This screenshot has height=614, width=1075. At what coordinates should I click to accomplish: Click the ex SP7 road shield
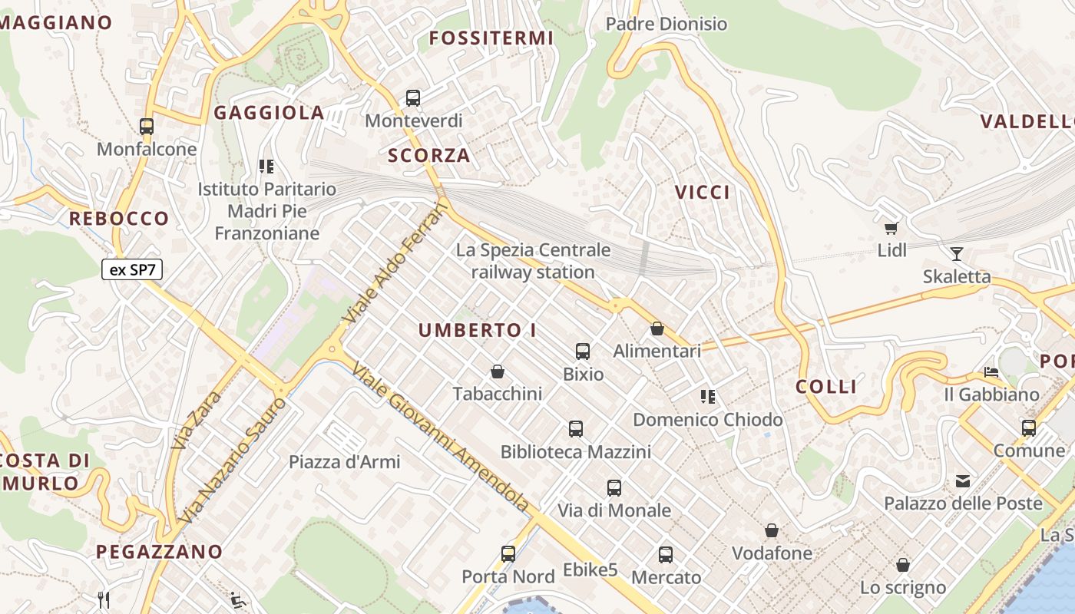click(132, 269)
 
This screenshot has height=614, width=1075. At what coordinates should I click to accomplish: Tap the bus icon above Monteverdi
click(413, 98)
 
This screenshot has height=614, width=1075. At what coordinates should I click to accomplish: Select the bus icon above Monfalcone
click(147, 127)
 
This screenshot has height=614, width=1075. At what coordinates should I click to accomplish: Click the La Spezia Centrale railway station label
click(533, 261)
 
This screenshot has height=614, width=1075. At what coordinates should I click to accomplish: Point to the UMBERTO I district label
click(478, 331)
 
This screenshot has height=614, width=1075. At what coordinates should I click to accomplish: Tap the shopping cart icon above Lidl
click(891, 228)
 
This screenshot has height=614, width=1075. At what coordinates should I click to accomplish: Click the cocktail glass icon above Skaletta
click(957, 254)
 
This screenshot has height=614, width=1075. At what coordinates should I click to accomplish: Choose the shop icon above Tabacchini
click(498, 372)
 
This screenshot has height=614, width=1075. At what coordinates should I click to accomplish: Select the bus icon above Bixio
click(583, 352)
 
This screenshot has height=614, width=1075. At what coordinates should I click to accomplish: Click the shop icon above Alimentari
click(657, 329)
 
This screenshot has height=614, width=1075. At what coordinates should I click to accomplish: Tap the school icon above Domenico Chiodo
click(708, 397)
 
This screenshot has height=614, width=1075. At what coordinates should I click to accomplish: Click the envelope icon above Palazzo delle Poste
click(963, 482)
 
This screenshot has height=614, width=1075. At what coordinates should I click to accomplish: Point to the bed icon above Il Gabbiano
click(991, 372)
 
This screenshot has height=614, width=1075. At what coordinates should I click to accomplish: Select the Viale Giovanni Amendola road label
click(441, 437)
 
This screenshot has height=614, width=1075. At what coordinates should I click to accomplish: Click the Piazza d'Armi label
click(345, 462)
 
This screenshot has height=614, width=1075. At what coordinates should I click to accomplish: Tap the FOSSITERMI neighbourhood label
click(491, 38)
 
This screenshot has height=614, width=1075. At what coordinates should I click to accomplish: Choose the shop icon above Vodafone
click(772, 531)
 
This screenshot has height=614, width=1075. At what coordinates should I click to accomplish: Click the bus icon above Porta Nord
click(508, 554)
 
